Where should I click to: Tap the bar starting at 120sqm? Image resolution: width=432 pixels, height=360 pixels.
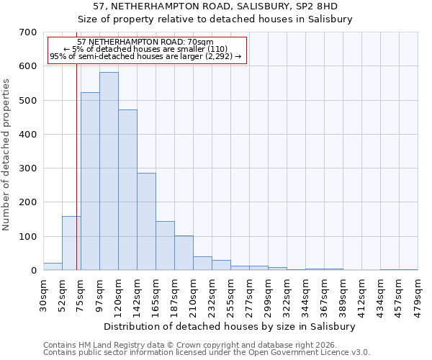point(127,190)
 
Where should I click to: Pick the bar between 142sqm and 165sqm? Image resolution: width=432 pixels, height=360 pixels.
point(146,222)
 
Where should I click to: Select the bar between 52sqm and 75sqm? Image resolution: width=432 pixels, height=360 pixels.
point(71,243)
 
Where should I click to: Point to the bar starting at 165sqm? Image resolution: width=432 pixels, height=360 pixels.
point(165,246)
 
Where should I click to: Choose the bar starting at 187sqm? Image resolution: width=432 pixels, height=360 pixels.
point(184,253)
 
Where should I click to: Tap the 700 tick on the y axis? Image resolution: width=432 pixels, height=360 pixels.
point(28,32)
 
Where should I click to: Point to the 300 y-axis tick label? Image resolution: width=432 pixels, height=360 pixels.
point(28,168)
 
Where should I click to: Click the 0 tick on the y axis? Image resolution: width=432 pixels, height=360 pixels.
point(33,271)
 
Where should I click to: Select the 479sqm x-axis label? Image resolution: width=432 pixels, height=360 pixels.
point(418,294)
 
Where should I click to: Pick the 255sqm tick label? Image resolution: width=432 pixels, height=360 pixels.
point(230,294)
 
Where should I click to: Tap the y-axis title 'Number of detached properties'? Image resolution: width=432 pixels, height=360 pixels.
point(7,155)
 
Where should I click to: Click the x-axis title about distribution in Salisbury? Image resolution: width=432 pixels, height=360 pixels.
point(230,326)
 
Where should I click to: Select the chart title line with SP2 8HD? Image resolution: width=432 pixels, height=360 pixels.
point(215,6)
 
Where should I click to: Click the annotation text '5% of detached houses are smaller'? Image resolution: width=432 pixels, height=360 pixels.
point(146,49)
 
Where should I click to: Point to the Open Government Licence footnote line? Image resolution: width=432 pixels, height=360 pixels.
point(207,353)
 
